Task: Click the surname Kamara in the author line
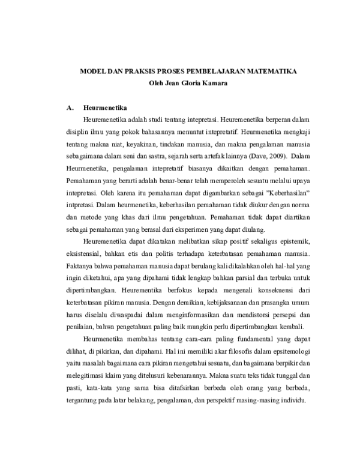[x=215, y=82]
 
